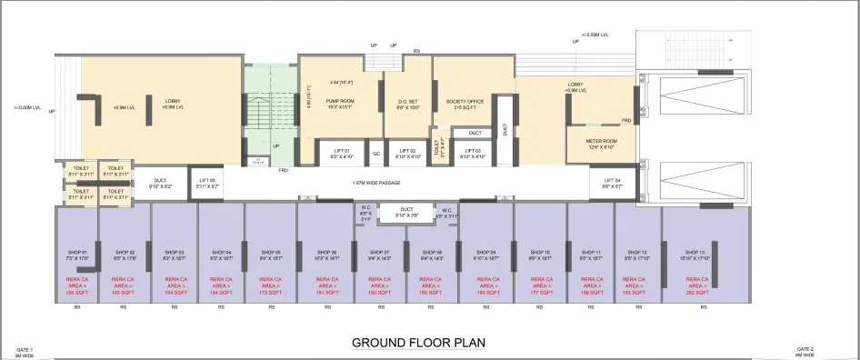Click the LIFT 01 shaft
[342, 153]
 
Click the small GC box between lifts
[375, 154]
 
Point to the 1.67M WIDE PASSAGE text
[378, 183]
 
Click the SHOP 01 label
[76, 255]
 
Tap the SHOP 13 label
[695, 255]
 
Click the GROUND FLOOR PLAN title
[418, 343]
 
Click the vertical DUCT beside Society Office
[505, 128]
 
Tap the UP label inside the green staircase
[275, 145]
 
